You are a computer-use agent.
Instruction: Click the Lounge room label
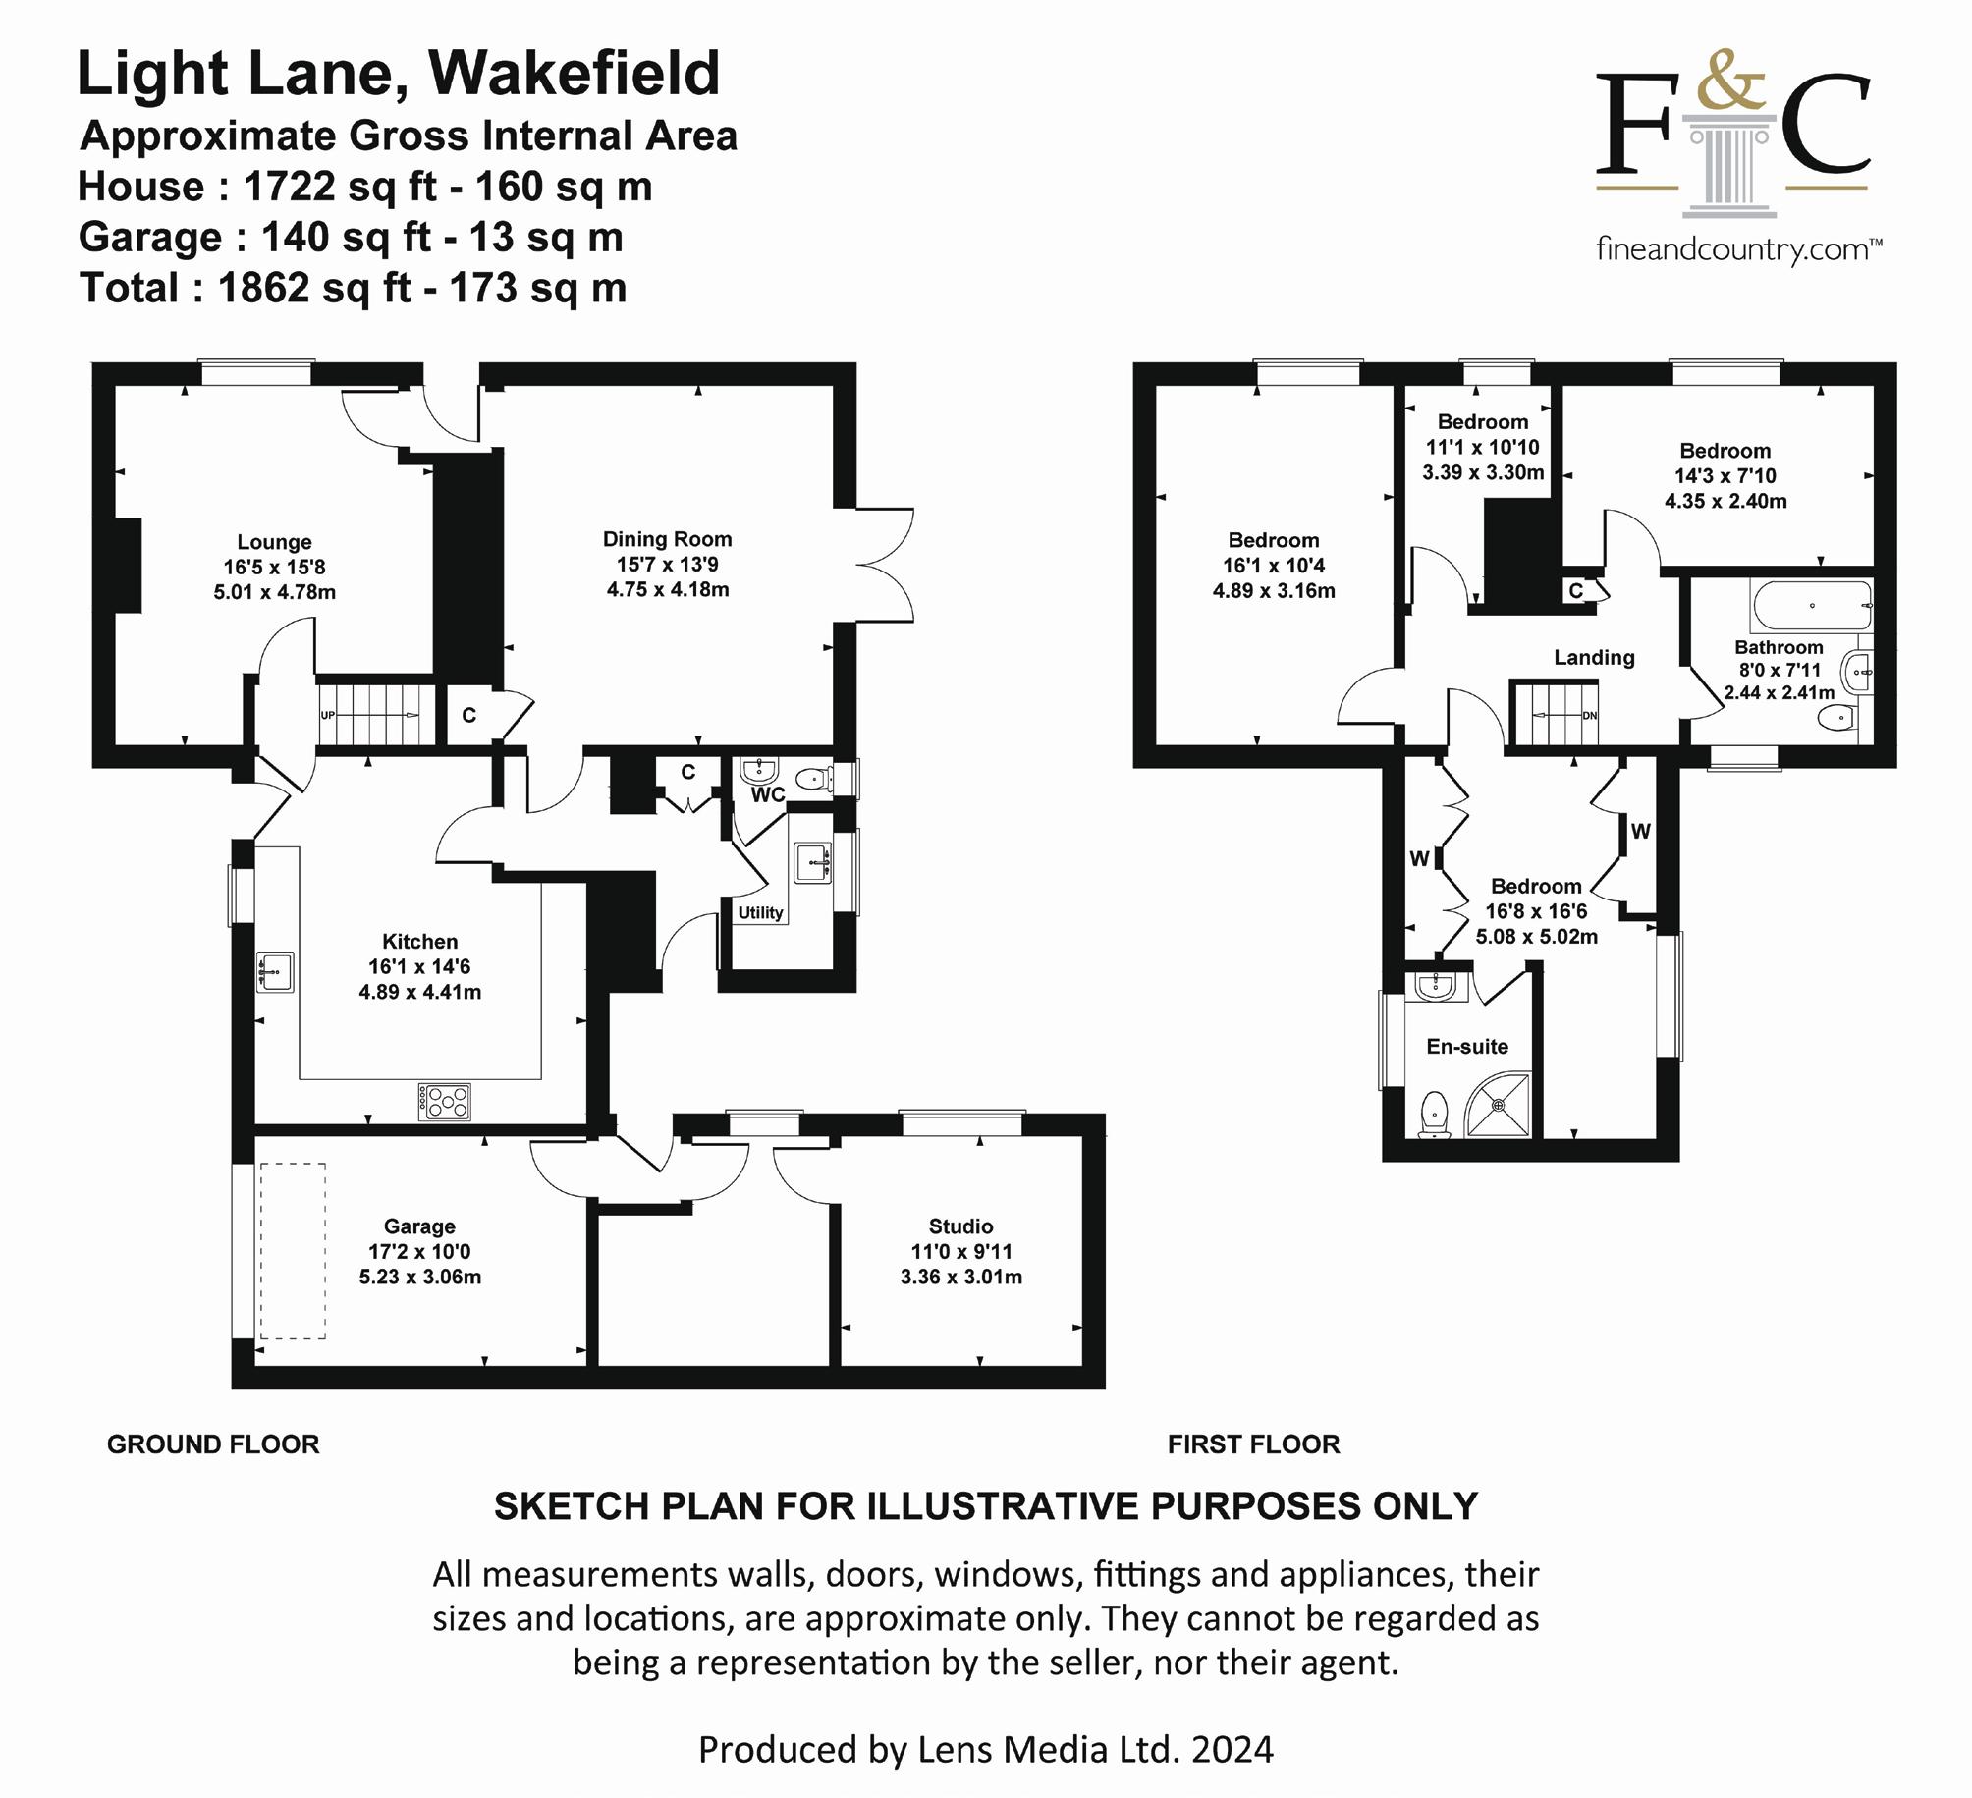click(x=274, y=542)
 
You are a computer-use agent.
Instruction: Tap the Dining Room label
click(x=667, y=539)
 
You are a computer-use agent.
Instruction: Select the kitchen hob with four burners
click(x=445, y=1102)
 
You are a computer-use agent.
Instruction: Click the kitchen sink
click(x=276, y=971)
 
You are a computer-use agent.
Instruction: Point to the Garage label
click(x=419, y=1226)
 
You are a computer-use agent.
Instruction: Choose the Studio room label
click(x=960, y=1226)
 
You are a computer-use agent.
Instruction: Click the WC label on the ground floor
click(x=768, y=794)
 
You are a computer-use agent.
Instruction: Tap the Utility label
click(x=760, y=912)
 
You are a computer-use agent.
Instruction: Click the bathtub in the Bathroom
click(x=1811, y=606)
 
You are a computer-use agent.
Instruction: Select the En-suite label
click(x=1467, y=1047)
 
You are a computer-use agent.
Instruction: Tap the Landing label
click(x=1594, y=658)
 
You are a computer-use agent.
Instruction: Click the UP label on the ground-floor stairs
click(x=328, y=715)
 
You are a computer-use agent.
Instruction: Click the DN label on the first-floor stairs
click(x=1589, y=716)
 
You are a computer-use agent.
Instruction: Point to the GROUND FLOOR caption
click(x=213, y=1444)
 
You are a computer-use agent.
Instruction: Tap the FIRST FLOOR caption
click(x=1253, y=1444)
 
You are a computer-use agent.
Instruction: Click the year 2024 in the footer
click(x=1232, y=1749)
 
